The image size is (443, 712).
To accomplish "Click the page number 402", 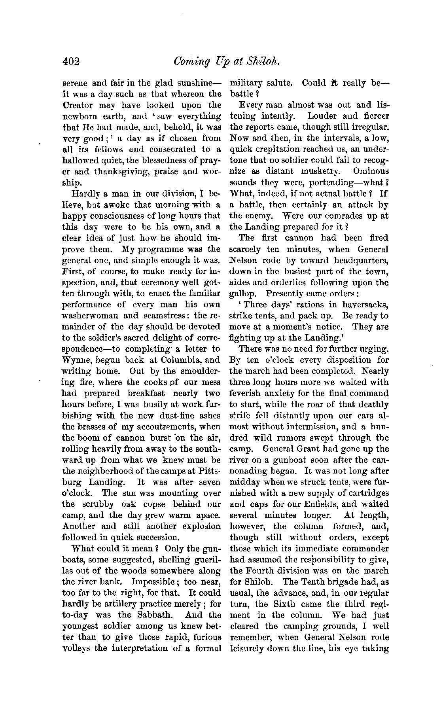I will coord(72,62).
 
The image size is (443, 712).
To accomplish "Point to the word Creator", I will coord(78,106).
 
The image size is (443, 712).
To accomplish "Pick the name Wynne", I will coord(77,360).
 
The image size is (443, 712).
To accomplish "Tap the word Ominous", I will coord(371,172).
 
